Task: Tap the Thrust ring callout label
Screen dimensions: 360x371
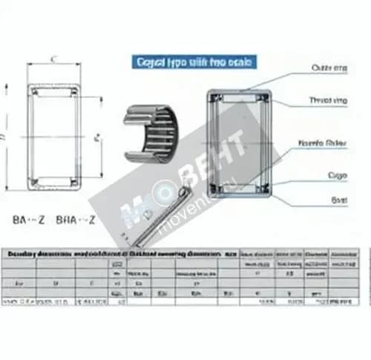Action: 329,100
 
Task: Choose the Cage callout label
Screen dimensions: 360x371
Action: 338,175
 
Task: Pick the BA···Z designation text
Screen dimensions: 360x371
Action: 30,220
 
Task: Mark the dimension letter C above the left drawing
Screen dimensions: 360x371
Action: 54,59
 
